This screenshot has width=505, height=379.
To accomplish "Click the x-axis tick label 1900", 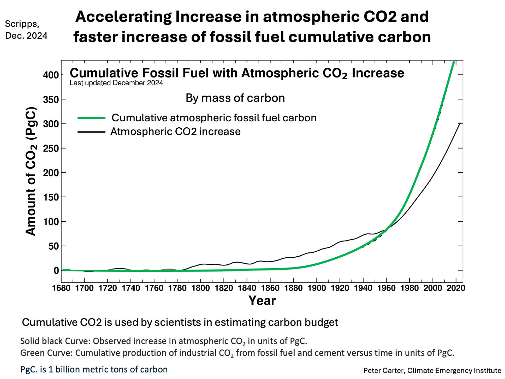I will [316, 288].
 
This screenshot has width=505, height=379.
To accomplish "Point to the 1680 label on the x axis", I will [61, 288].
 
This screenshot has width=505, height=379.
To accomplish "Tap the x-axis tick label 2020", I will [456, 288].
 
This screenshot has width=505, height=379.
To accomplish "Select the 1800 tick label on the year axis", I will [201, 288].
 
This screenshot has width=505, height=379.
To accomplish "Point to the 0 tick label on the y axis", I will [56, 271].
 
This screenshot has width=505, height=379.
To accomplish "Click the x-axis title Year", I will [262, 301].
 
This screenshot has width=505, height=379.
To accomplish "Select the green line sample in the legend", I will [92, 118].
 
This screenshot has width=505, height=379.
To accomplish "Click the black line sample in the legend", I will [92, 132].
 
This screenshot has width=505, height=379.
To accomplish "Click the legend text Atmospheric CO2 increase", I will [175, 132].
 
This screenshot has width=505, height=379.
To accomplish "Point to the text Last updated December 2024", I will [116, 83].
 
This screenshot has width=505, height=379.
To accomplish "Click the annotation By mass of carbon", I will [235, 98].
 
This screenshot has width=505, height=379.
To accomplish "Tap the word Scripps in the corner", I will [22, 24].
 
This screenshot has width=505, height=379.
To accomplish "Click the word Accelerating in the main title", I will [124, 17].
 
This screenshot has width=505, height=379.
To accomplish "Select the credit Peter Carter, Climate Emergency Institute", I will [432, 371].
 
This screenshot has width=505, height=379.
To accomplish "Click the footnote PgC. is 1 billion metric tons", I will [94, 369].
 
